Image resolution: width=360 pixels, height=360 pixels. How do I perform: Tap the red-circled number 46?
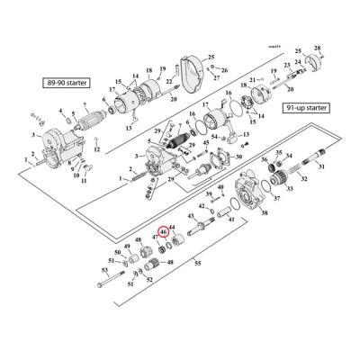click(x=164, y=231)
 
